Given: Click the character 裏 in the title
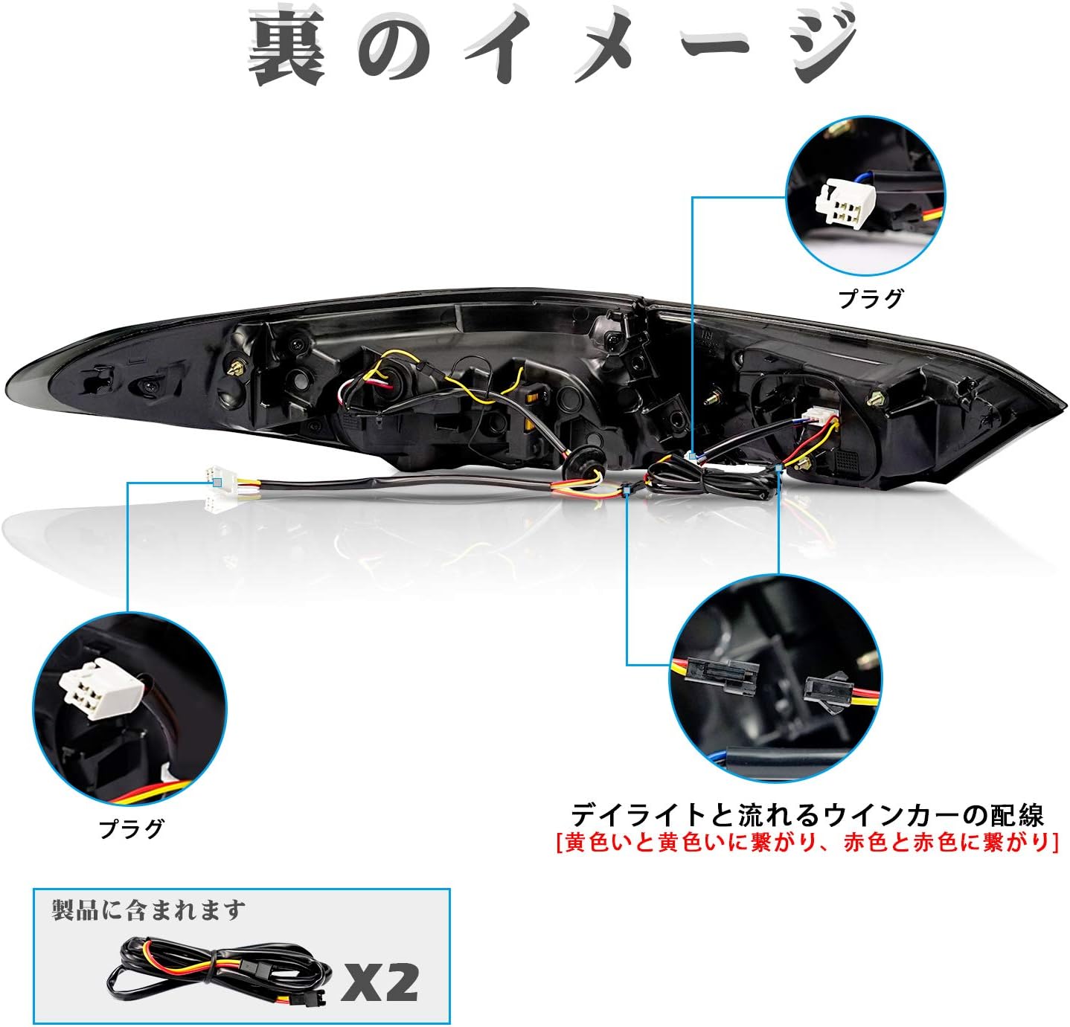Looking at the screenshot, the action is tap(286, 48).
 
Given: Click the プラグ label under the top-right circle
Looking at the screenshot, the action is tap(871, 298).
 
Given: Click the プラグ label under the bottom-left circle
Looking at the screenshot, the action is tap(132, 828).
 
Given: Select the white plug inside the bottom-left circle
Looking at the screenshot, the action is tap(99, 687).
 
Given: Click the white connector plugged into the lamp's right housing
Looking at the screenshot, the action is tap(816, 416).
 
